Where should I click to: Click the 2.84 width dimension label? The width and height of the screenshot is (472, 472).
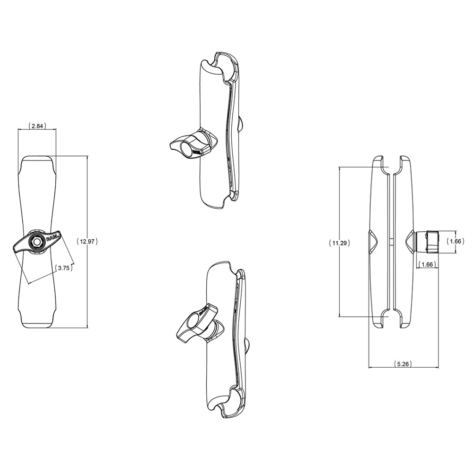click(x=37, y=126)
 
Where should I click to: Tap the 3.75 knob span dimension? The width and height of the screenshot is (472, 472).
click(x=63, y=268)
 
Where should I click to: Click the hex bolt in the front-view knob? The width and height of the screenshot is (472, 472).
click(x=36, y=241)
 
